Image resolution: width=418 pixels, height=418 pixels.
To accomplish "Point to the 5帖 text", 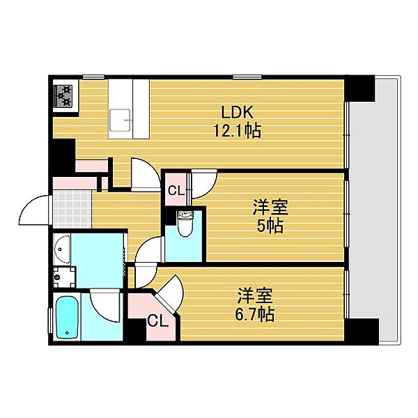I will point(270,226).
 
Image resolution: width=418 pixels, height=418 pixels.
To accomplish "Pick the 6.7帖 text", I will point(256,314).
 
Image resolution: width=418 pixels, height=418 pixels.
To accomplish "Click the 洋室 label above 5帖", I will point(270,208).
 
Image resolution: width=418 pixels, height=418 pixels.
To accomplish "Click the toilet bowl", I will point(185,227).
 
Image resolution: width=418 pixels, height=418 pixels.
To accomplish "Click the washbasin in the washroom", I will point(61,247).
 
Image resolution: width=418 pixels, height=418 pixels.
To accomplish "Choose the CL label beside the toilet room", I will point(175,189).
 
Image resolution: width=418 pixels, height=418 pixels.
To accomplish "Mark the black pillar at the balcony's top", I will point(361,88).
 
